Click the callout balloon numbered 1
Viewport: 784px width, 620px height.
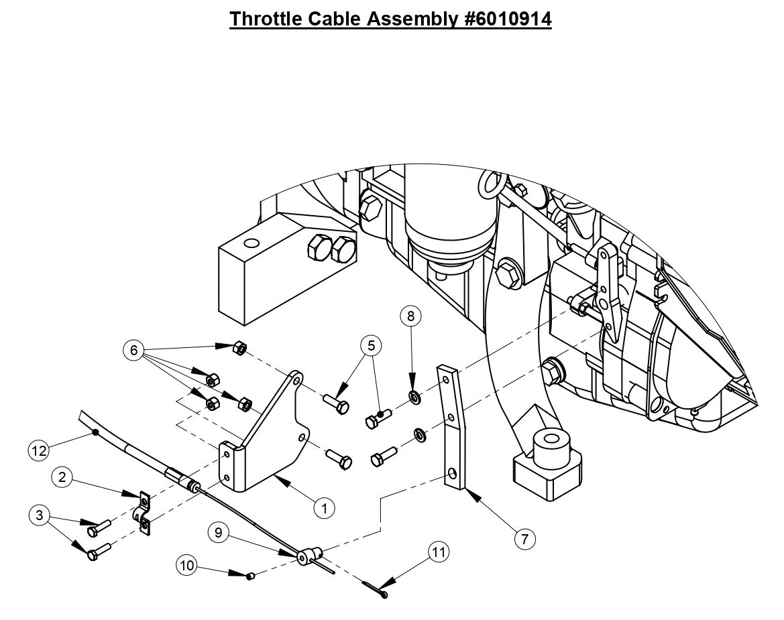pos(324,508)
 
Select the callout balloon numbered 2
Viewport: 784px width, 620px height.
pos(62,477)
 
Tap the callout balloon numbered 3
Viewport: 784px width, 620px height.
pos(38,515)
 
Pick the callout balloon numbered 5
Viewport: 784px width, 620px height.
pos(370,346)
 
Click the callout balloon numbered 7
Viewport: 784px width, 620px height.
pos(526,538)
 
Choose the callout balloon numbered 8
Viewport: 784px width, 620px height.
pos(411,315)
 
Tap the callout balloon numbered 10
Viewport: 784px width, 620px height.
pos(187,566)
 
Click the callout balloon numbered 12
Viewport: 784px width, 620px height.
pos(39,450)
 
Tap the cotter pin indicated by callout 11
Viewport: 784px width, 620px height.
pos(376,589)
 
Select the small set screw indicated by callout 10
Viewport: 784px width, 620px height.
pos(250,576)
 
